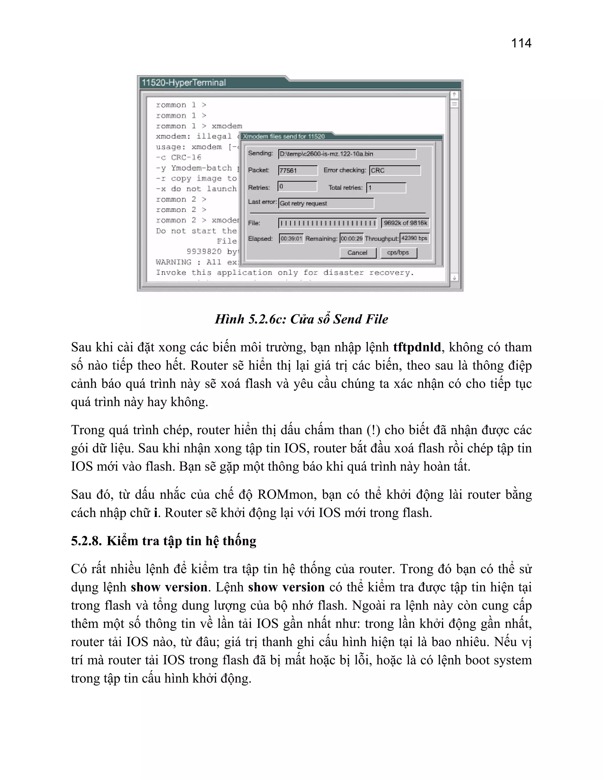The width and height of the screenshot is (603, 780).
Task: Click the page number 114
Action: tap(521, 43)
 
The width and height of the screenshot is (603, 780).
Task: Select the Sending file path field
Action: tap(347, 154)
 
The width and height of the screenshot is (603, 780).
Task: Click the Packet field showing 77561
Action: tap(298, 170)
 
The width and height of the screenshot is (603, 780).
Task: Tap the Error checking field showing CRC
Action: tap(395, 170)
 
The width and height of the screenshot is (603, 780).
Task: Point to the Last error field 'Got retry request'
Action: tap(326, 203)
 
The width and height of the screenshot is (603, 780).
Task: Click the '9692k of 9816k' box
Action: tap(405, 223)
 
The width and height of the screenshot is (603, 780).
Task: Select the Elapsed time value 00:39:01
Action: tap(291, 238)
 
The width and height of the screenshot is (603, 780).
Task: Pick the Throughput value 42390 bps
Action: tap(414, 238)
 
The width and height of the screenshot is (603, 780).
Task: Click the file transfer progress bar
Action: tap(327, 223)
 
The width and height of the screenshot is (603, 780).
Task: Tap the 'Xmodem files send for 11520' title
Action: tap(284, 137)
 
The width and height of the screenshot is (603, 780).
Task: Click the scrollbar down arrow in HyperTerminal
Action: tap(454, 277)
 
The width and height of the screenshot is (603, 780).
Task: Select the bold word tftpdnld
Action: tap(417, 347)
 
